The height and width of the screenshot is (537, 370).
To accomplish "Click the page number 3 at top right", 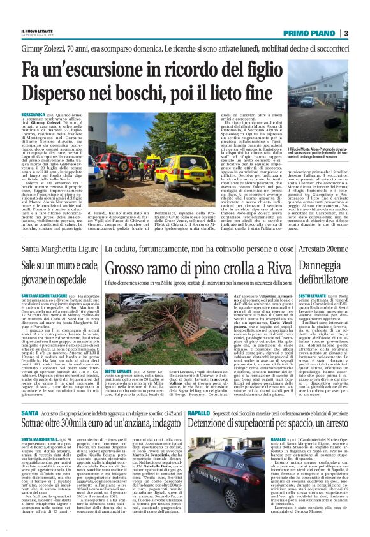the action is (x=345, y=33).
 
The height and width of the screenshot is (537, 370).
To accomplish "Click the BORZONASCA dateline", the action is (x=33, y=113).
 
